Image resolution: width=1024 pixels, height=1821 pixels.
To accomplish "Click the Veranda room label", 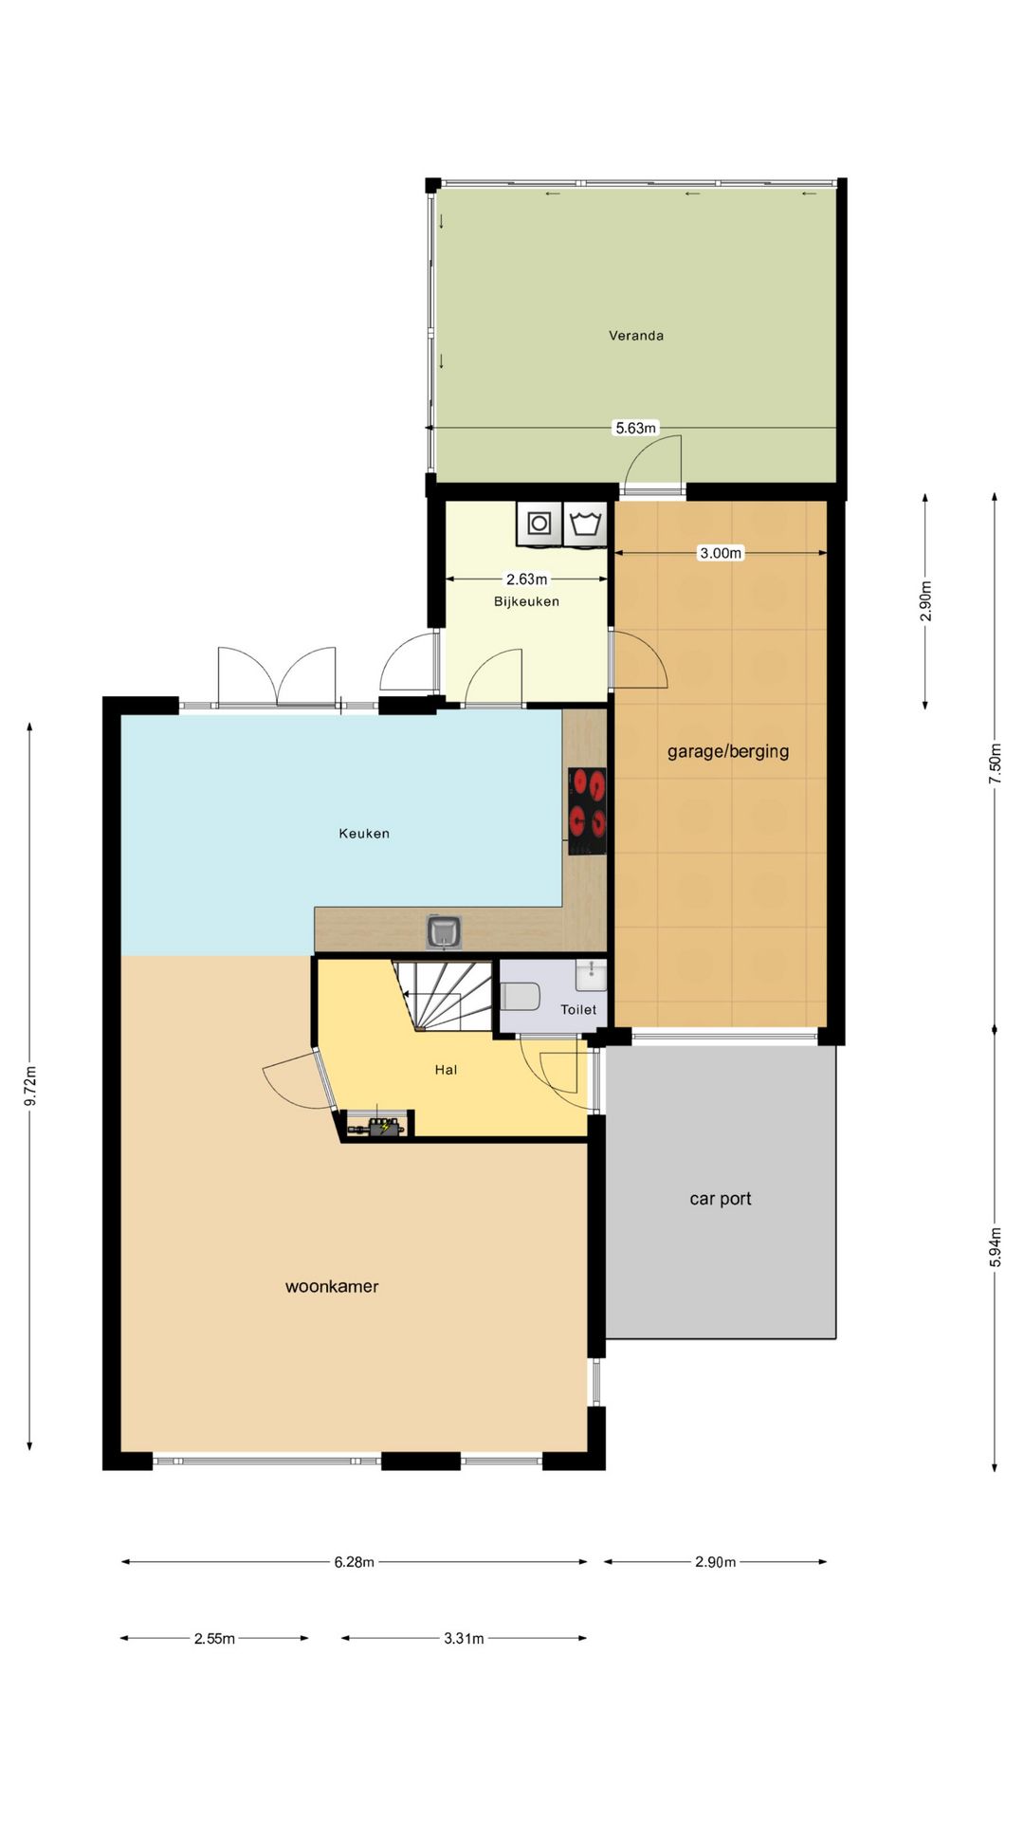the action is (636, 335).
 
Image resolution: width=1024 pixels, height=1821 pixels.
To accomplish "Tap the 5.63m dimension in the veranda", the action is (635, 428).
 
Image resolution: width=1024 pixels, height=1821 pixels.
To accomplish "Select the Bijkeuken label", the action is (526, 601).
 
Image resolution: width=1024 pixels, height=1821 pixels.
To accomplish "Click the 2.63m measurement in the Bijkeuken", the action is (526, 579).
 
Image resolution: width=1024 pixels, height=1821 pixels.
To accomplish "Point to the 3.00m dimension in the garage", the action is (721, 553).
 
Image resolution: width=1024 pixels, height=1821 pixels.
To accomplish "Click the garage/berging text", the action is (728, 751).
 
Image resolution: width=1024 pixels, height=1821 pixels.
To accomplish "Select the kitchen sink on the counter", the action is (444, 931).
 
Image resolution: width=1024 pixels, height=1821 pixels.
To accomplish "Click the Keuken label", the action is (364, 834).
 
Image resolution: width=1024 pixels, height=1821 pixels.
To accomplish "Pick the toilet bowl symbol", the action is (520, 997).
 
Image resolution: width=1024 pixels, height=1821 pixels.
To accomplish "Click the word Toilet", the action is (578, 1010).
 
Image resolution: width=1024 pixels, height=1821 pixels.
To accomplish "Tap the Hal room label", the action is (446, 1070).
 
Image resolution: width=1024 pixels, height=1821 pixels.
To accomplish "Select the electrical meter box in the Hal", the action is (377, 1126).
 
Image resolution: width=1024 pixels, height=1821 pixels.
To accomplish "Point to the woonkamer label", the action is (332, 1287).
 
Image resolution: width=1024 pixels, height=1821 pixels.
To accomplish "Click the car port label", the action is (721, 1199).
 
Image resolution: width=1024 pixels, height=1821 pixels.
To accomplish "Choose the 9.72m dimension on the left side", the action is (30, 1087).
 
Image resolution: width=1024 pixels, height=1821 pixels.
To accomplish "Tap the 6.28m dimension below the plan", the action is (354, 1562).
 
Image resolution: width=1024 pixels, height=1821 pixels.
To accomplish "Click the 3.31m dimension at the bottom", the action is (464, 1638).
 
